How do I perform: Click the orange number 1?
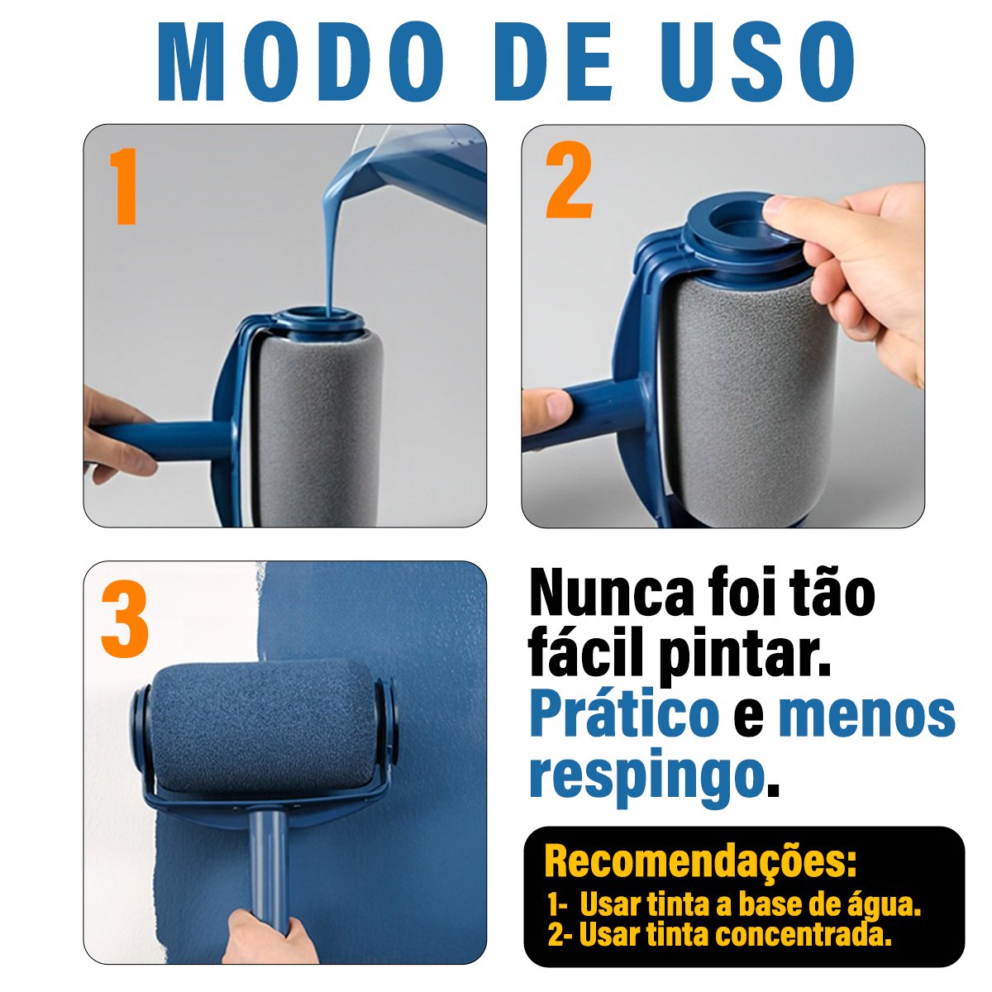click(122, 186)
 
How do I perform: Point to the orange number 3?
click(125, 619)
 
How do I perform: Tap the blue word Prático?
click(624, 717)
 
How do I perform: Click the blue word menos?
click(866, 717)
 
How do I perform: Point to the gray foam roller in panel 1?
click(318, 427)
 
